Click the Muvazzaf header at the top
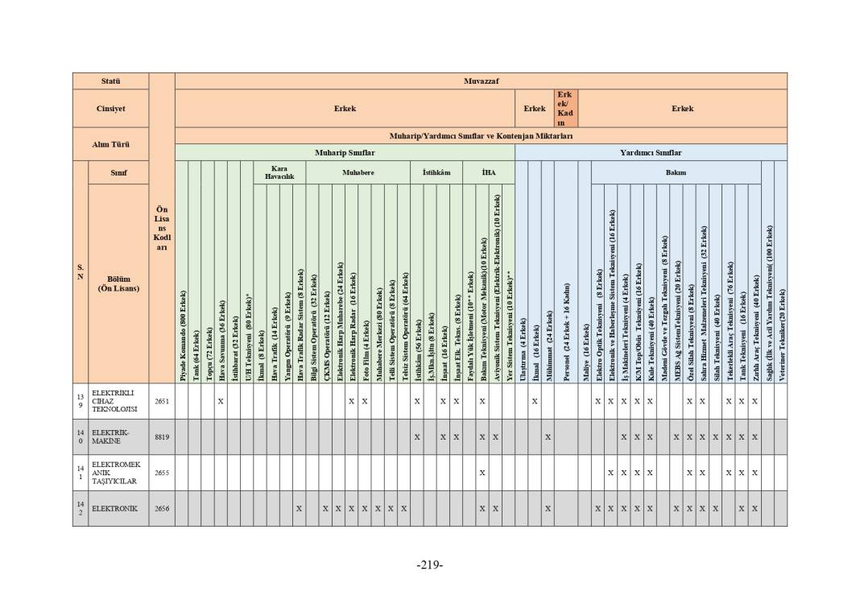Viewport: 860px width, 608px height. [x=481, y=81]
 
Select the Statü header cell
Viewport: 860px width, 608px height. [x=110, y=81]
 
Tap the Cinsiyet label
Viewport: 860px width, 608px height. [x=110, y=108]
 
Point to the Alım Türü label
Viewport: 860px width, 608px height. [x=110, y=144]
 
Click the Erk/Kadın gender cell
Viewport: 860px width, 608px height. [x=564, y=108]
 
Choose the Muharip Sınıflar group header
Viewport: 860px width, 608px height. [x=345, y=152]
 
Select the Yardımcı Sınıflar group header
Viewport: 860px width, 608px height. [x=651, y=152]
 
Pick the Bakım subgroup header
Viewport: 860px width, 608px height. [x=676, y=172]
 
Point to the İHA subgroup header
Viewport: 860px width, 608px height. [x=488, y=172]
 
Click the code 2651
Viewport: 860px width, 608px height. [x=162, y=401]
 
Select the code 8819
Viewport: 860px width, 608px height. [x=162, y=436]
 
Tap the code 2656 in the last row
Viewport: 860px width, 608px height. [x=162, y=508]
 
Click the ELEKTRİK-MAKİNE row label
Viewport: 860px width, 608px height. [x=106, y=436]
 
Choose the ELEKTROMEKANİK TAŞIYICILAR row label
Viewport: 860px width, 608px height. [x=116, y=473]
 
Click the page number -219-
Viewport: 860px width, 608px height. [x=429, y=565]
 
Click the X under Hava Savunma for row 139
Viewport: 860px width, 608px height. [x=221, y=401]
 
